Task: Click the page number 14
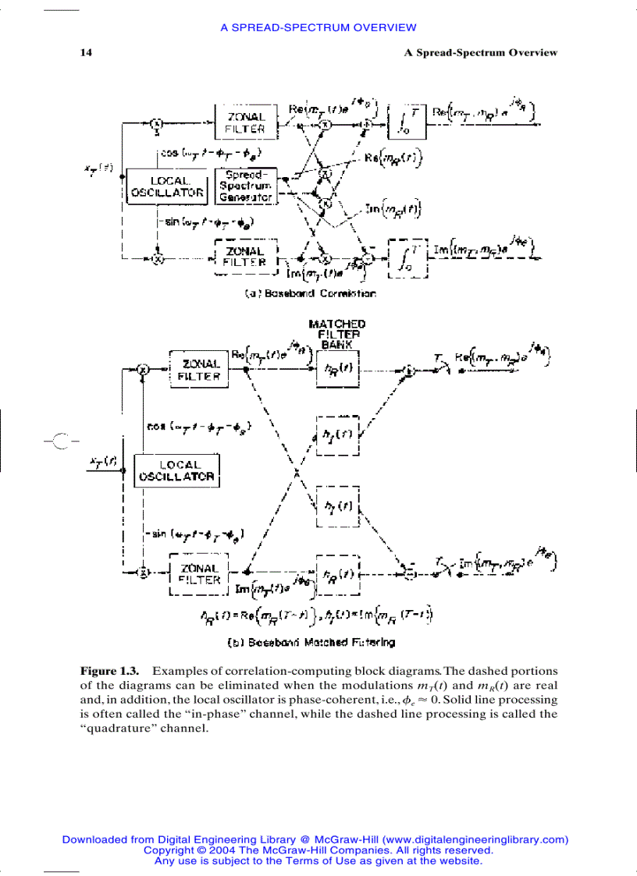click(86, 53)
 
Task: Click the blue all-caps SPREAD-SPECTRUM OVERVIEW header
click(318, 27)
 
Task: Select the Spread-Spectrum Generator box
click(245, 186)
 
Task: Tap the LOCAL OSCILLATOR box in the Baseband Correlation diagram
click(167, 186)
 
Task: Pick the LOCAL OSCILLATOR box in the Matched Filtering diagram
click(178, 470)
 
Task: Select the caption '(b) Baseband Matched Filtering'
click(321, 643)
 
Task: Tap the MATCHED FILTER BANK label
click(336, 333)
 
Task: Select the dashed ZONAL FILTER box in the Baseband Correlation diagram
click(246, 257)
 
